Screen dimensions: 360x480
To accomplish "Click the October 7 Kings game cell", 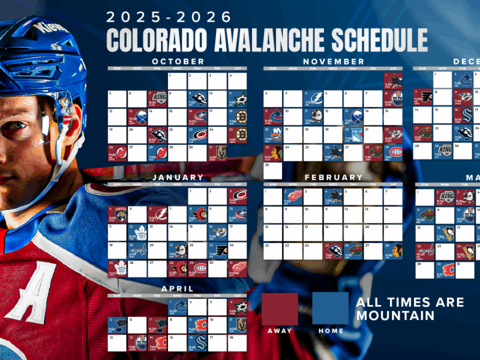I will pos(158,99).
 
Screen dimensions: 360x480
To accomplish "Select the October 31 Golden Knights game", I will pos(217,153).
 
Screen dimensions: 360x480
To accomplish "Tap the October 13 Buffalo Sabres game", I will pos(137,117).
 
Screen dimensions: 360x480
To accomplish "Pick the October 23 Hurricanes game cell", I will pos(197,135).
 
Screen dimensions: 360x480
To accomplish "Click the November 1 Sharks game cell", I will pos(393,81).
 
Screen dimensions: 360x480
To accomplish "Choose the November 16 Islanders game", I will pos(273,134).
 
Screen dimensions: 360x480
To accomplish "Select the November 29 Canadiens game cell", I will pos(393,152).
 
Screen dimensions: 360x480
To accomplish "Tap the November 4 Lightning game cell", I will pos(313,99).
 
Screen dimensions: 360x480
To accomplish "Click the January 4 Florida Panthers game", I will pos(117,214).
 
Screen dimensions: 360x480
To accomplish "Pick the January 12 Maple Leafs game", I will pos(137,232).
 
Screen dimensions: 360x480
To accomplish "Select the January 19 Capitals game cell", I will pos(137,250).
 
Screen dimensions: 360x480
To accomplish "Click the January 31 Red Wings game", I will pos(237,268).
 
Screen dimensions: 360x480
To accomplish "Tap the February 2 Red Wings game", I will pos(293,197).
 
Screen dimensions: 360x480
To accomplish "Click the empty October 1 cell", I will pos(177,81).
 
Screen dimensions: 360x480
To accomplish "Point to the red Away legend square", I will pos(280,309).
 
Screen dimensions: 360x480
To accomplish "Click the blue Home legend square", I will pos(331,309).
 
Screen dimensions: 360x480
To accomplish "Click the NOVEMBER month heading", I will pos(333,62).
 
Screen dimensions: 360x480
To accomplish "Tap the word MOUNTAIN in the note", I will pos(395,315).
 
